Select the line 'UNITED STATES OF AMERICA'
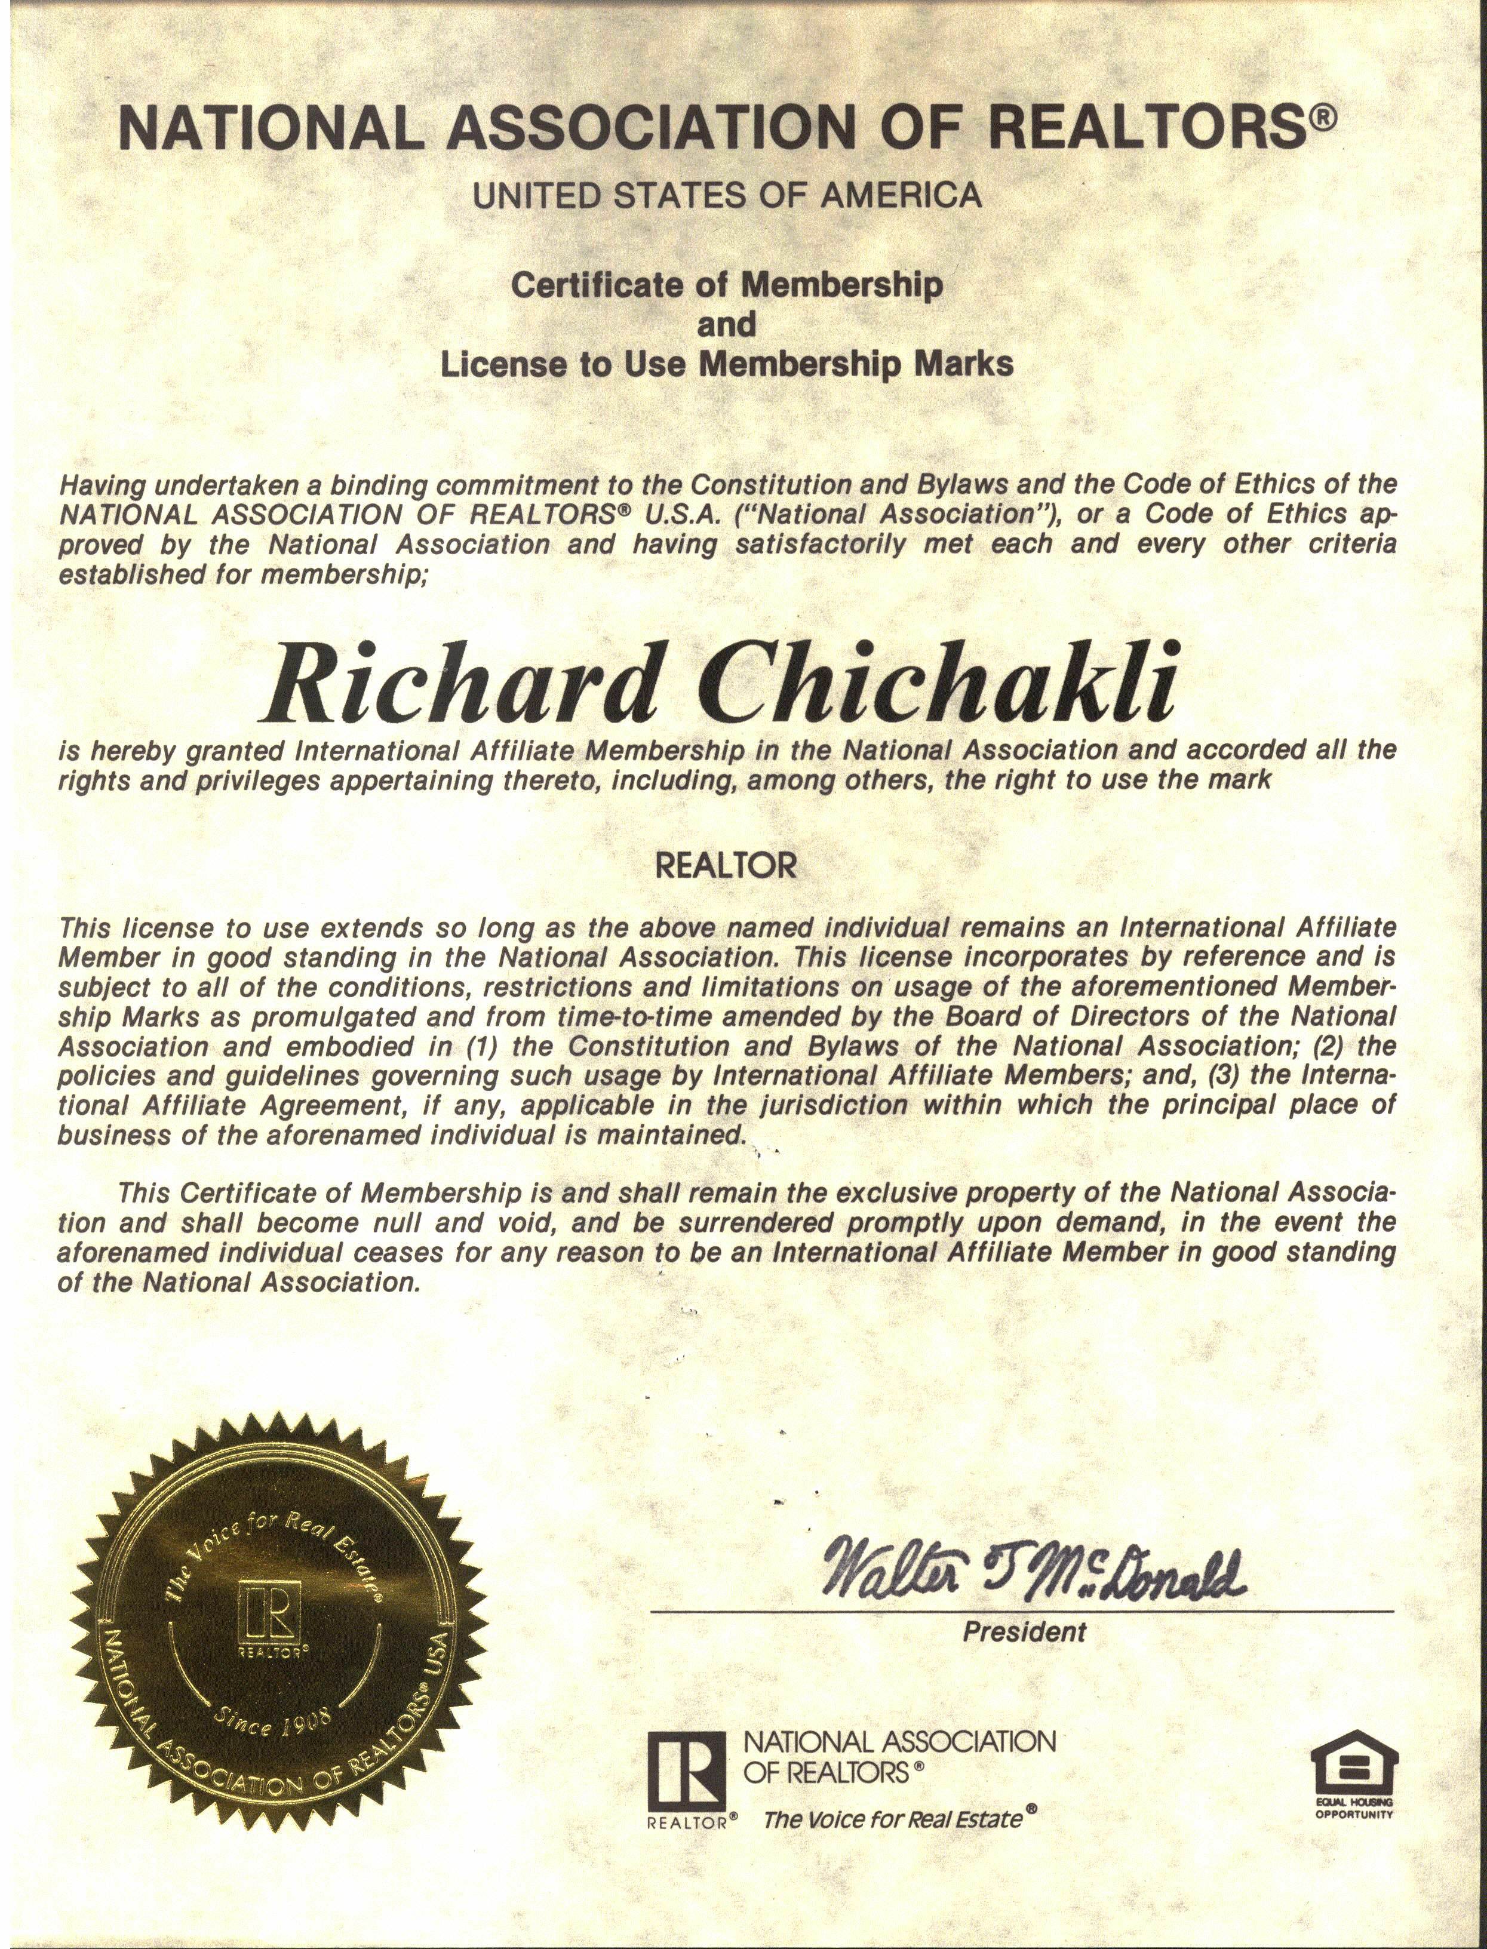pyautogui.click(x=727, y=195)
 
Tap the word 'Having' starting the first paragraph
pyautogui.click(x=102, y=485)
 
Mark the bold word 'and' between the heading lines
pyautogui.click(x=727, y=325)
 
